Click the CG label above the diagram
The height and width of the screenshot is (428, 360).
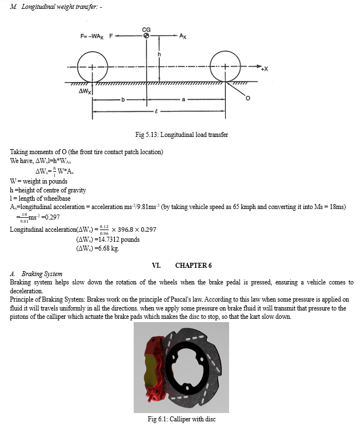tap(146, 28)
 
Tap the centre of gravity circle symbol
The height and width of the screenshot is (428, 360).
tap(146, 36)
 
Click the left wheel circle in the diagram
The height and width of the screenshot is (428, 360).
tap(93, 68)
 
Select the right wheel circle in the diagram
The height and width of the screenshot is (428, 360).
tap(226, 68)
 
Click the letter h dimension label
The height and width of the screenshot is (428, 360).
tap(159, 54)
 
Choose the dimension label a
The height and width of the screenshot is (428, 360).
tap(183, 100)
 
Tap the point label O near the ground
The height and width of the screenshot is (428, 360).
tap(248, 99)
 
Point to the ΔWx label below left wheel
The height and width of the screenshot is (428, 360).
tap(85, 91)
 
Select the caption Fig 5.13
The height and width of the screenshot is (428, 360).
tap(181, 134)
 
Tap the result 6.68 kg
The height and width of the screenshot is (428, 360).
tap(98, 248)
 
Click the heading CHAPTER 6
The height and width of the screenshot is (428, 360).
tap(194, 265)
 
